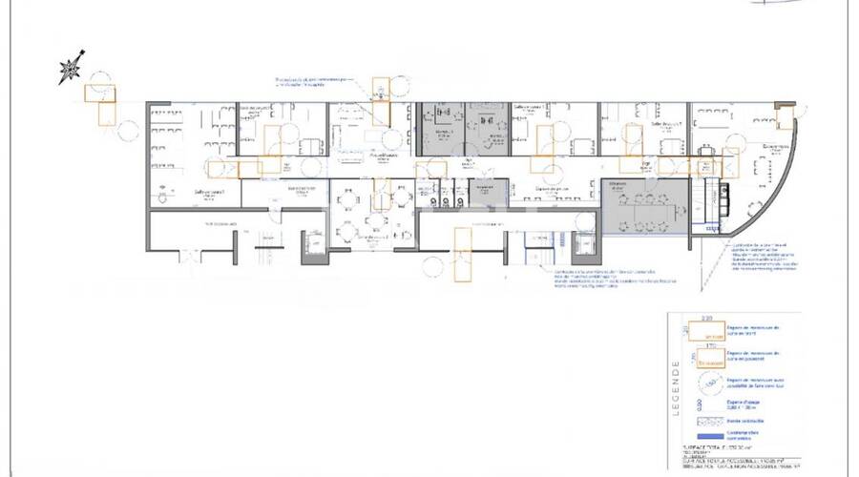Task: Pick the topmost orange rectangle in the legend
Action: (708, 331)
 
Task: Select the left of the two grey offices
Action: (441, 128)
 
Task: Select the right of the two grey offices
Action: (488, 128)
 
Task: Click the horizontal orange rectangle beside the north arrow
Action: (98, 93)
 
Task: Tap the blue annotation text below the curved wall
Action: (764, 258)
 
